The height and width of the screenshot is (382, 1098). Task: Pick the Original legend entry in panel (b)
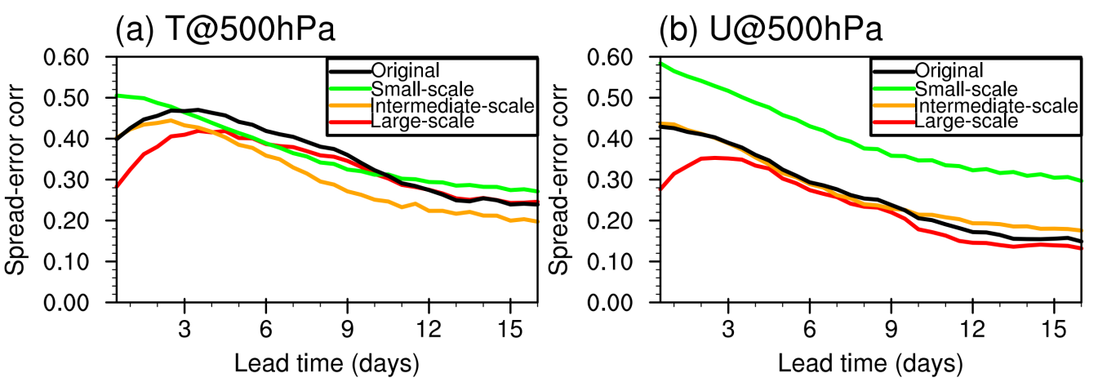(949, 71)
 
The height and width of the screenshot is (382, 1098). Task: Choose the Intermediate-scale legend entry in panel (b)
(997, 105)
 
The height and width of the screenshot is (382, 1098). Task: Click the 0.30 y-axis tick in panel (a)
(76, 180)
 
